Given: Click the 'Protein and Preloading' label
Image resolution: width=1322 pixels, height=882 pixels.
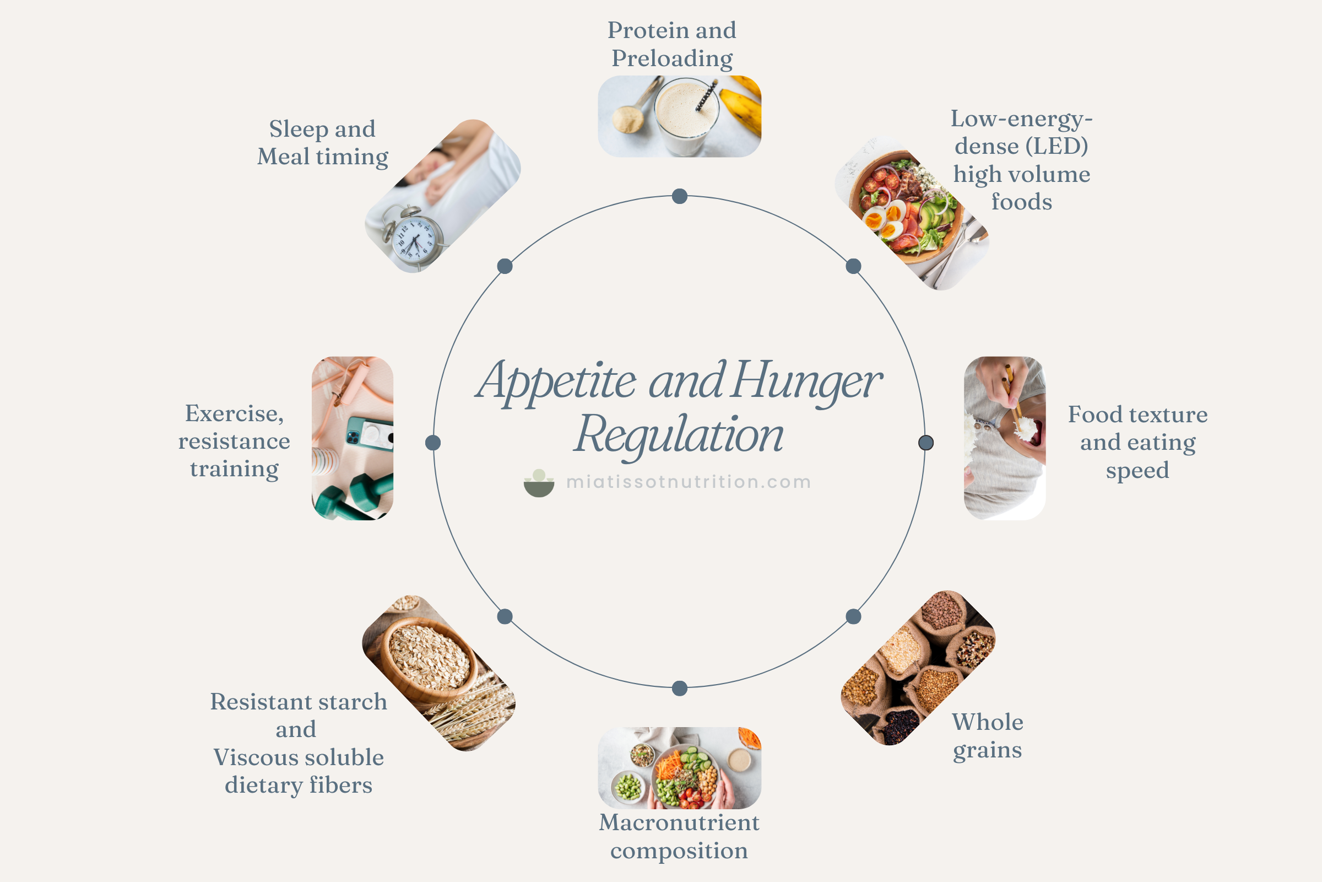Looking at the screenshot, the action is (671, 44).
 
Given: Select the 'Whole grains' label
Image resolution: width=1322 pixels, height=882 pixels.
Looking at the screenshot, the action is (988, 736).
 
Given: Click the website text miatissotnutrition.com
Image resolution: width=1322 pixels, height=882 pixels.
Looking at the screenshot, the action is (688, 482).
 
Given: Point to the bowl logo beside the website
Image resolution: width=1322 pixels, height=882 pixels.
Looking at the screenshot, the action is (539, 483).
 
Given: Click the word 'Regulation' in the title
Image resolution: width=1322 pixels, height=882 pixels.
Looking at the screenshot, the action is (679, 435).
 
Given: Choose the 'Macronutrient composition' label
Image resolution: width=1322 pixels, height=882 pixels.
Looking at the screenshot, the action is (679, 836).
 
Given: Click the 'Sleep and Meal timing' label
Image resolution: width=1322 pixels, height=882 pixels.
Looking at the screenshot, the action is (323, 143).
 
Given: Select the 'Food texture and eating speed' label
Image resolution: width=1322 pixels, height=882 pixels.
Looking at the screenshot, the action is (1137, 442).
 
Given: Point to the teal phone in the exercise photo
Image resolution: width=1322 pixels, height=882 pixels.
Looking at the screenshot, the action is (369, 434).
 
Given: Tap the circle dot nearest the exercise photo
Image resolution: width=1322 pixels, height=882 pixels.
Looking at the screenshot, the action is (433, 443).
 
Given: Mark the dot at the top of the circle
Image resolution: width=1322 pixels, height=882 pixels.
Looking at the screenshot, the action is (680, 196).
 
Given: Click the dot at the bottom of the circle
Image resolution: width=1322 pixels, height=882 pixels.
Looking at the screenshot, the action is (680, 688).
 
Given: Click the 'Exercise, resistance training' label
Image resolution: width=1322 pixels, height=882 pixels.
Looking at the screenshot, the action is (235, 442).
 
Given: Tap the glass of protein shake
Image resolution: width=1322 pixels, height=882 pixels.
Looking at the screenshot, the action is (686, 115).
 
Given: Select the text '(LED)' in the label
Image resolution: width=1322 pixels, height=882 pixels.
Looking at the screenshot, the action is (1056, 146).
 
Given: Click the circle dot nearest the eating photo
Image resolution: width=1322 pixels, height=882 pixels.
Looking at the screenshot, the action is (926, 443).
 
